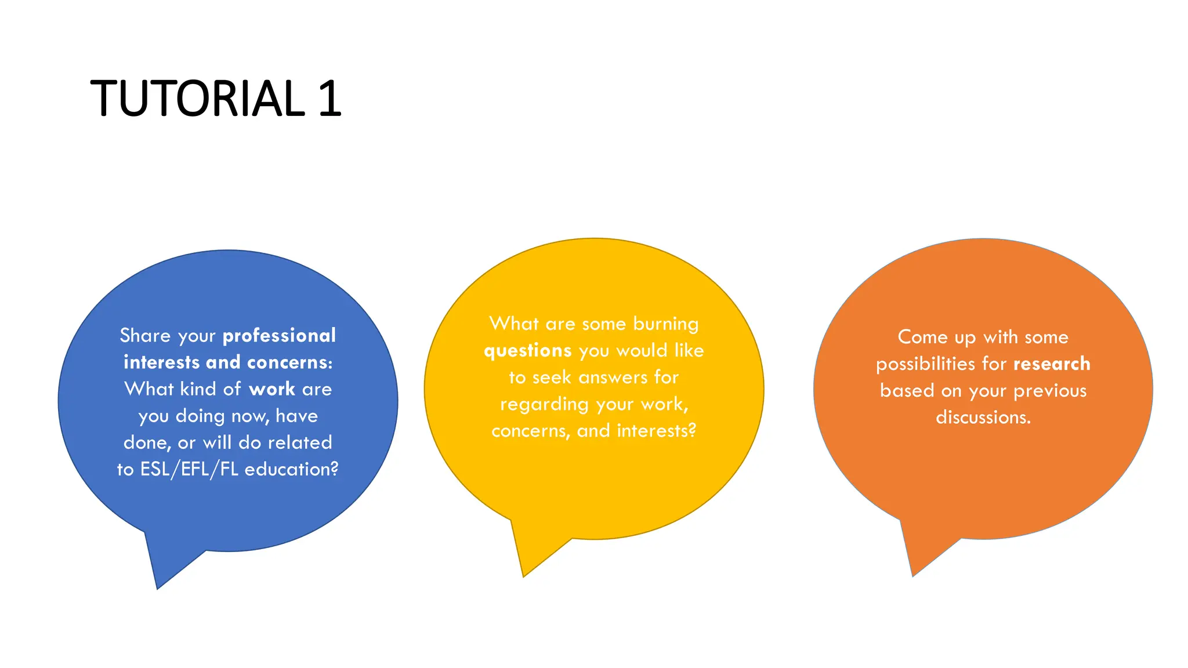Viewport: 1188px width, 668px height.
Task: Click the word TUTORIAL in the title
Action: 197,99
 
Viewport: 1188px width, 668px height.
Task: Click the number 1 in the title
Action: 329,99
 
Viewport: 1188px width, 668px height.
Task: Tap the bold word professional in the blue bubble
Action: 279,336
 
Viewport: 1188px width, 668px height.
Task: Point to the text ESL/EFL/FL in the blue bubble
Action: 189,469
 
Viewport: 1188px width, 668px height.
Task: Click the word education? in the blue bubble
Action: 291,469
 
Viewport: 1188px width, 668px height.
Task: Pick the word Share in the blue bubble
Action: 145,336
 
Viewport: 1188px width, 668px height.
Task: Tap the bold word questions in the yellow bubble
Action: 528,351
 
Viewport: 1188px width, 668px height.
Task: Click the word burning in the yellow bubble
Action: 665,324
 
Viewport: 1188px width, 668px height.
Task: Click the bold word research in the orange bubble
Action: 1052,364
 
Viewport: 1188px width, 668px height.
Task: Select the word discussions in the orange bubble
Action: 983,418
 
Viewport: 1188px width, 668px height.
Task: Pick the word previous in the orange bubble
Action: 1049,391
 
